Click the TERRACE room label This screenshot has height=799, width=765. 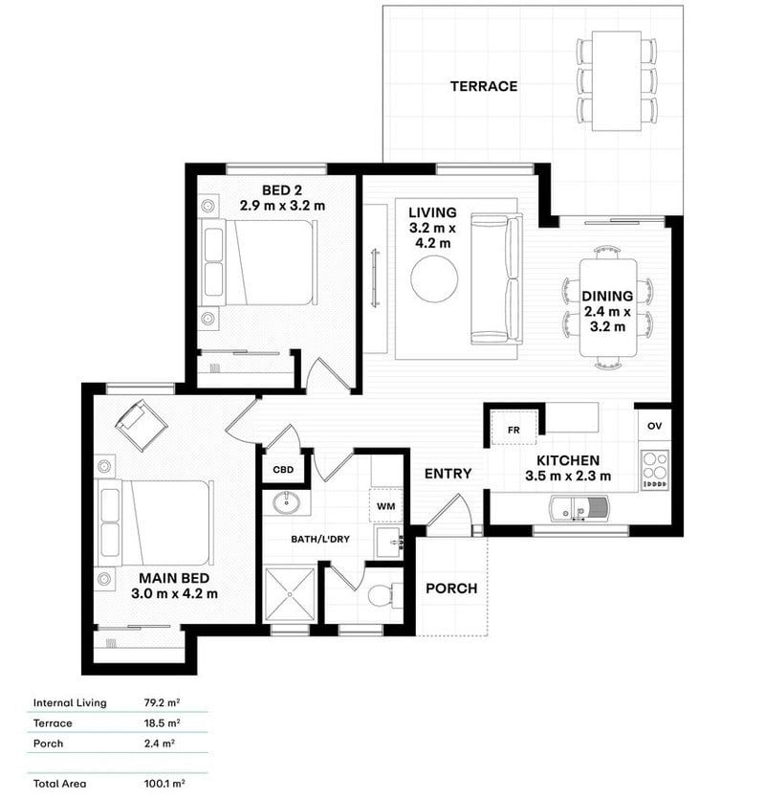tap(484, 86)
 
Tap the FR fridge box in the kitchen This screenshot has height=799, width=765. tap(514, 430)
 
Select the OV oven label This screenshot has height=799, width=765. tap(654, 425)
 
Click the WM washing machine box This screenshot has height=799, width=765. tap(386, 504)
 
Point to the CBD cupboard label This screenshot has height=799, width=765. tap(283, 470)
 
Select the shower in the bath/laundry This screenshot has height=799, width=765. tap(290, 595)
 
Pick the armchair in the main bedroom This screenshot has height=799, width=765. tap(142, 424)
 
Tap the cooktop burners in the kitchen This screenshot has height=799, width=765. tap(655, 470)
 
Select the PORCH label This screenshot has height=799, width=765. tap(451, 588)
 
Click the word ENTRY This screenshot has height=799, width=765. tap(448, 473)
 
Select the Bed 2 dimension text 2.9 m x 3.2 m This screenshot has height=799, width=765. tap(282, 205)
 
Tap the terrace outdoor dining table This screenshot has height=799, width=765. tap(616, 80)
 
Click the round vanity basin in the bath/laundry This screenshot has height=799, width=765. tap(286, 504)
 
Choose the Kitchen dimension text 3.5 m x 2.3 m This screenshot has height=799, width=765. tap(568, 477)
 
